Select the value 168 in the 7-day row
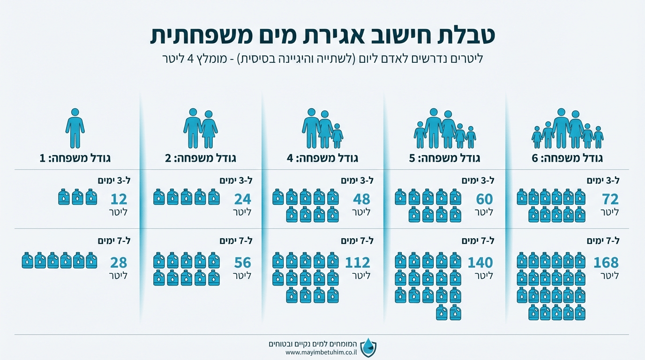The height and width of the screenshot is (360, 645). [x=606, y=262]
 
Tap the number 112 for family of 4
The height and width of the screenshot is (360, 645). [x=357, y=262]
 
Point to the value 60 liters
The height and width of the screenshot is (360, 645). [x=484, y=200]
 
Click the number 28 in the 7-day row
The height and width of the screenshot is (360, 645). [x=118, y=262]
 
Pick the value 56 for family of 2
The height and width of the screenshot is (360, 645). [x=243, y=262]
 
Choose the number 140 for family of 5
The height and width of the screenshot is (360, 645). [x=480, y=262]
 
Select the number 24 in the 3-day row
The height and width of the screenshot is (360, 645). [x=243, y=200]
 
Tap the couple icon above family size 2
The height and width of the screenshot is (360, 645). [x=200, y=128]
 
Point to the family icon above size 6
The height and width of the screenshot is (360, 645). [x=567, y=129]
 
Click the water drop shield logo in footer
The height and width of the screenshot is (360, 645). [x=368, y=347]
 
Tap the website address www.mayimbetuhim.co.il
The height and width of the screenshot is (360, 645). [x=321, y=352]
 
